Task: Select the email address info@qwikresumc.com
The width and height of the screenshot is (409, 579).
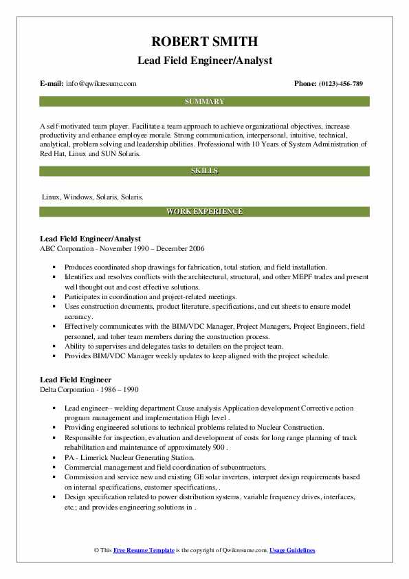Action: coord(101,83)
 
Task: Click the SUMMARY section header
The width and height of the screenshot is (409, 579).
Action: coord(204,101)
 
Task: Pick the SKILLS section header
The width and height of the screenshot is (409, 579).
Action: coord(204,170)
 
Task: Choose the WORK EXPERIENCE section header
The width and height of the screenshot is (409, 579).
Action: coord(204,212)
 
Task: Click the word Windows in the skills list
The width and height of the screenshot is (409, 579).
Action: coord(78,197)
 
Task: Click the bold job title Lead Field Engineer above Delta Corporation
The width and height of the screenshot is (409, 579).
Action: coord(76,379)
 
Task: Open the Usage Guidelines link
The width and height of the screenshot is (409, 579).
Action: coord(292,551)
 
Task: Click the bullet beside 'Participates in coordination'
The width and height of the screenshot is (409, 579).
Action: coord(54,296)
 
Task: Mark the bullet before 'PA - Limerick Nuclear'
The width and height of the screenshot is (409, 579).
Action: coord(54,457)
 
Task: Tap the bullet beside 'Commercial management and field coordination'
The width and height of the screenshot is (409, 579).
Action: coord(54,467)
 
